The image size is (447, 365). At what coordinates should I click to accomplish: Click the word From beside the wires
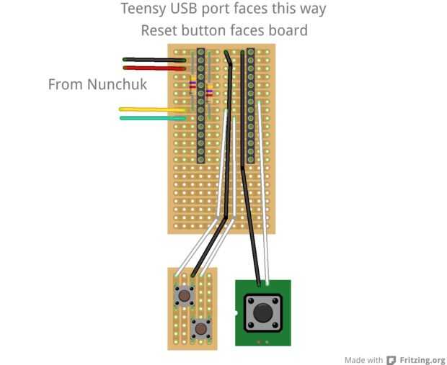[65, 84]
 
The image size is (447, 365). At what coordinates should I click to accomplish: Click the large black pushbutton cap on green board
[261, 312]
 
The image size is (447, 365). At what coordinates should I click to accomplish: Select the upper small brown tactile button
[185, 295]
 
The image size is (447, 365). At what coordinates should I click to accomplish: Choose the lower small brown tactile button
[202, 329]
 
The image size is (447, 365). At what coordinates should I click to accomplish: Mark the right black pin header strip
[250, 104]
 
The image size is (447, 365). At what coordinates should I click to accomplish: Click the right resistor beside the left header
[209, 92]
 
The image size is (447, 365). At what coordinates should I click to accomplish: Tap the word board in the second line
[288, 30]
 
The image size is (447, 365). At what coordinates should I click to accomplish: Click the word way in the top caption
[312, 9]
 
